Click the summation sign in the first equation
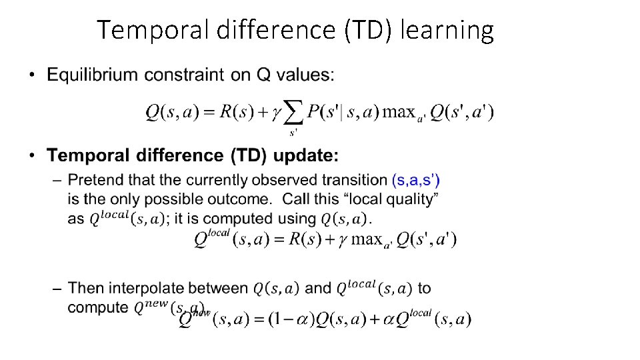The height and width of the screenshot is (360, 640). tap(295, 113)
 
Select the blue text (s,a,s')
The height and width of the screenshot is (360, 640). tap(415, 180)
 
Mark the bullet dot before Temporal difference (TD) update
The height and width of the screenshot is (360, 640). tap(33, 157)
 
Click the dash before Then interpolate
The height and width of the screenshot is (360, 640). tap(56, 289)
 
